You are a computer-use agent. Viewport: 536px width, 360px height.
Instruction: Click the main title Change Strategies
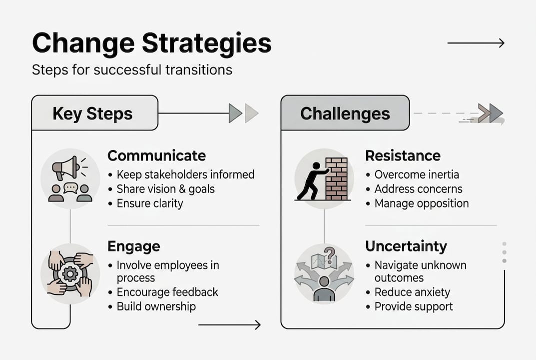pyautogui.click(x=151, y=43)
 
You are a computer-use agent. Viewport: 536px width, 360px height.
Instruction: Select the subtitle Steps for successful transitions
pyautogui.click(x=132, y=69)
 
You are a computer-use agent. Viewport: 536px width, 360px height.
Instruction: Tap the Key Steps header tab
pyautogui.click(x=93, y=113)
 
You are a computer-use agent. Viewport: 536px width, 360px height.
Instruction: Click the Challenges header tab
pyautogui.click(x=345, y=113)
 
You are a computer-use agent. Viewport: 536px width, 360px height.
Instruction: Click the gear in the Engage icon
pyautogui.click(x=70, y=274)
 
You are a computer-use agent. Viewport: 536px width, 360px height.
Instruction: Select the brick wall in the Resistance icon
pyautogui.click(x=336, y=178)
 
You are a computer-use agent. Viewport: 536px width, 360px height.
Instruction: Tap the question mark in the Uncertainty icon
pyautogui.click(x=329, y=252)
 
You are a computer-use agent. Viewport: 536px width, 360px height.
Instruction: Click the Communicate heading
pyautogui.click(x=156, y=155)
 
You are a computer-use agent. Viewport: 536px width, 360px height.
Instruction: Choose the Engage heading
pyautogui.click(x=133, y=246)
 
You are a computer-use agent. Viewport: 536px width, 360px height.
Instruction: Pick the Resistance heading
pyautogui.click(x=403, y=155)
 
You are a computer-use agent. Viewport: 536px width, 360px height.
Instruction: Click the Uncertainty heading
pyautogui.click(x=406, y=246)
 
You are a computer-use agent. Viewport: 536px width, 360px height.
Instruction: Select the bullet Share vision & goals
pyautogui.click(x=165, y=189)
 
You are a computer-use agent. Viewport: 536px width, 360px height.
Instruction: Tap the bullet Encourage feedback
pyautogui.click(x=167, y=292)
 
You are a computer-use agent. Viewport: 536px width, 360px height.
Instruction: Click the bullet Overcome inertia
pyautogui.click(x=417, y=174)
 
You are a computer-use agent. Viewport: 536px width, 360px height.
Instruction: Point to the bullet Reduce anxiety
pyautogui.click(x=412, y=292)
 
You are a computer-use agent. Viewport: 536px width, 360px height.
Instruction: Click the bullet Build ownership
pyautogui.click(x=156, y=306)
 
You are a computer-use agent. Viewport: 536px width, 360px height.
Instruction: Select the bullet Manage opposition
pyautogui.click(x=422, y=203)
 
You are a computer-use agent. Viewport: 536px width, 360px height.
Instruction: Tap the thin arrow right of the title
pyautogui.click(x=476, y=43)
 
